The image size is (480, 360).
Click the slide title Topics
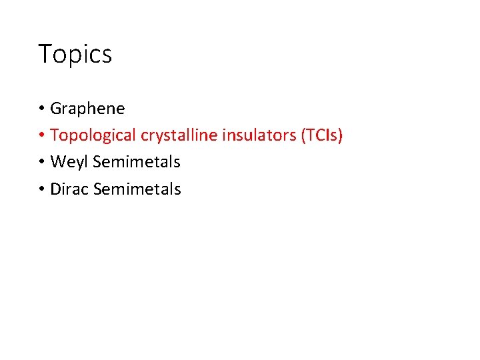75,54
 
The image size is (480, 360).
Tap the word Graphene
87,108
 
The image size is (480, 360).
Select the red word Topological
93,135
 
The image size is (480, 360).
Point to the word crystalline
171,135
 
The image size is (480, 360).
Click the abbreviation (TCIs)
321,135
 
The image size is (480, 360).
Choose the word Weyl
69,162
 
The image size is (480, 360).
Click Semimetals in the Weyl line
137,162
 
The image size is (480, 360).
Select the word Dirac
70,189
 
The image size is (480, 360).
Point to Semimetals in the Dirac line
137,189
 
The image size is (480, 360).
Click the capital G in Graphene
56,108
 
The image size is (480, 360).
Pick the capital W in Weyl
58,162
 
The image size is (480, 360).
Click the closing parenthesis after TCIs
341,135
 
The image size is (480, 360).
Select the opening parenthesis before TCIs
303,135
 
